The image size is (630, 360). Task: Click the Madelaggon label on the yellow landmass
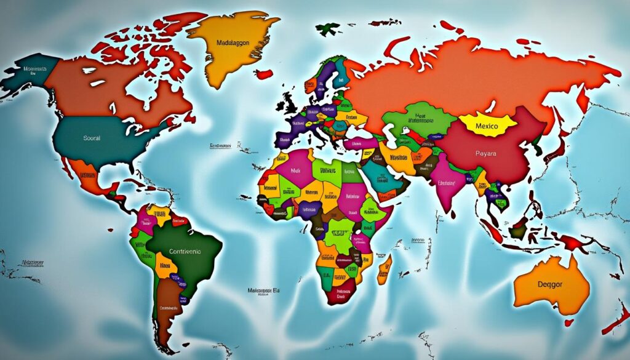[x=237, y=43]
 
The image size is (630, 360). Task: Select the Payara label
[x=486, y=153]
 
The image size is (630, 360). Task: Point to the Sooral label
[x=91, y=138]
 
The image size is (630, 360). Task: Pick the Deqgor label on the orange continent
[x=550, y=285]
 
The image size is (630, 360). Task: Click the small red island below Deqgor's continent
[x=569, y=322]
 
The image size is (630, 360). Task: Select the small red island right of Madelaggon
[x=264, y=74]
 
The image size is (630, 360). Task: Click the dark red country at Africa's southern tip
[x=340, y=294]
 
